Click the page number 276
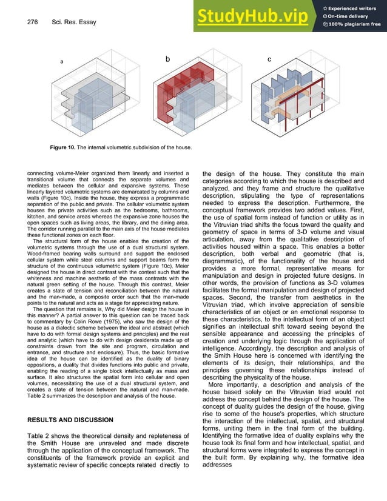point(33,22)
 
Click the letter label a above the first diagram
point(61,62)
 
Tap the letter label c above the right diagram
point(269,59)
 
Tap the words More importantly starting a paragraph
point(234,385)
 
